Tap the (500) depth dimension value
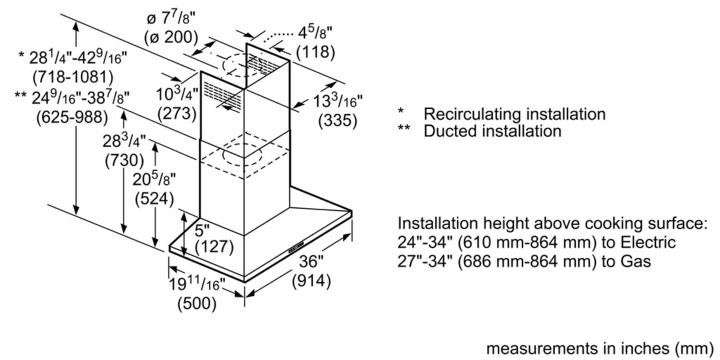click(197, 303)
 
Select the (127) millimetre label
click(214, 247)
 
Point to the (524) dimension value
click(155, 198)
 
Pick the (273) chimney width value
click(177, 113)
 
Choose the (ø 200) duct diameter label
click(171, 36)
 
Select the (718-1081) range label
click(72, 76)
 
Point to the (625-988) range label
click(72, 117)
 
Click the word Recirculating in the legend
click(472, 114)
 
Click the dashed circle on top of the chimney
click(240, 66)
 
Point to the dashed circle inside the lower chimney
click(242, 155)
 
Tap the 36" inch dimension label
click(312, 262)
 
